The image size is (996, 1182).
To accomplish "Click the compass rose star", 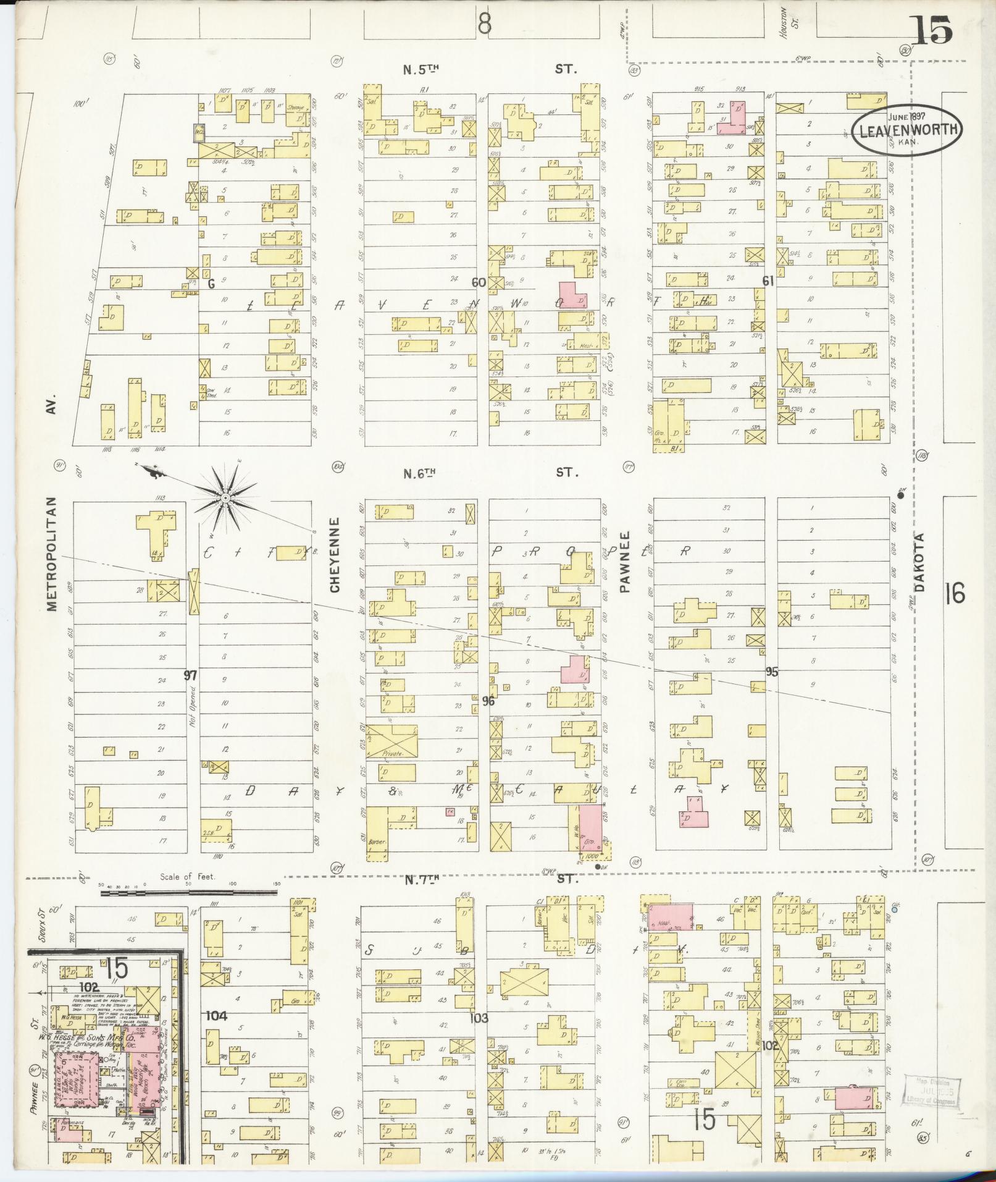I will coord(226,497).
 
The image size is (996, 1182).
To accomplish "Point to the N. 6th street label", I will coord(420,473).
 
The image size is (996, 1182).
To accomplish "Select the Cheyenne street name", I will coord(335,554).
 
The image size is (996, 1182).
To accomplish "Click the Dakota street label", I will coord(921,563).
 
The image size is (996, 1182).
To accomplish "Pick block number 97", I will coord(190,675).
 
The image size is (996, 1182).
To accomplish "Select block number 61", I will coord(768,281).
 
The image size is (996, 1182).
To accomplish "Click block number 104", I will coord(217,1015).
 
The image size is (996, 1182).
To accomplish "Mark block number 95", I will coord(771,672).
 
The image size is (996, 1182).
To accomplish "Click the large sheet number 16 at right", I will coord(953,594).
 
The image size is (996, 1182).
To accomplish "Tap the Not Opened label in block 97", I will coord(193,705).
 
